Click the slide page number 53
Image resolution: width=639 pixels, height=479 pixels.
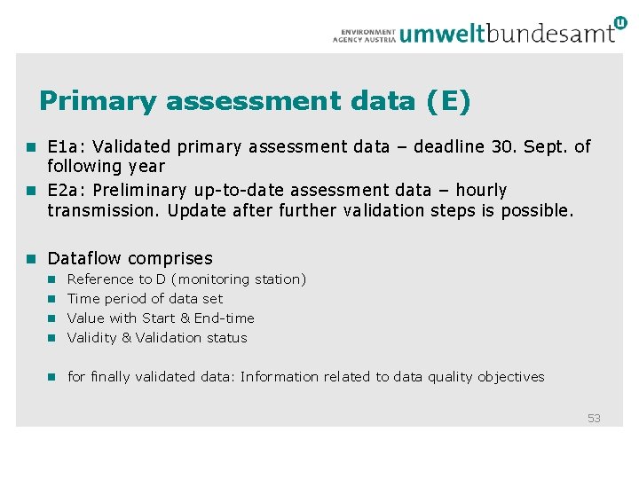click(594, 418)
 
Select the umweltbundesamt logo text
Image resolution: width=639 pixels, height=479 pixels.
click(507, 34)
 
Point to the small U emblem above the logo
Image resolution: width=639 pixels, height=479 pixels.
click(619, 22)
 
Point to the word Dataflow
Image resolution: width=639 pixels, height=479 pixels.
click(84, 258)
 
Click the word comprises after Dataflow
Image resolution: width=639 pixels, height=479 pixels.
click(170, 259)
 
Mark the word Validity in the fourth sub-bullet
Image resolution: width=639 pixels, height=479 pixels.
click(91, 338)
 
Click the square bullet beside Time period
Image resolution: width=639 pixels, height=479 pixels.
click(51, 299)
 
